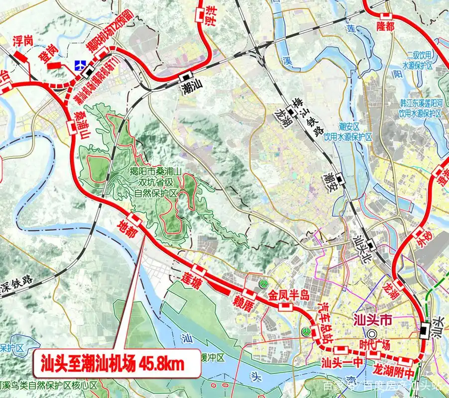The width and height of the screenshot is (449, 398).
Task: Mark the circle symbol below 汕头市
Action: coord(371,334)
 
